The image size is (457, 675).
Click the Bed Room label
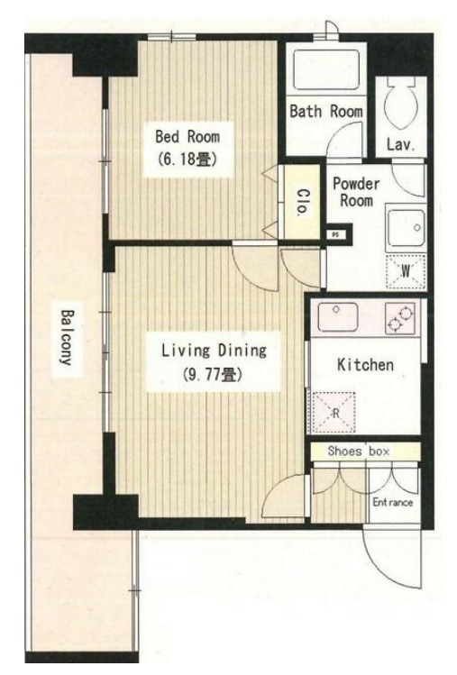tap(187, 137)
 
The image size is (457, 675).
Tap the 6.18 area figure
tap(187, 160)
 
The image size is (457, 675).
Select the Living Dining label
tap(214, 351)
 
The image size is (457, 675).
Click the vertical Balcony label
tap(67, 337)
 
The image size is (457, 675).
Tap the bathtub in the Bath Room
tap(326, 69)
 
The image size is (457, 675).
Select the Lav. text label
tap(400, 144)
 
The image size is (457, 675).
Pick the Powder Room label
tap(356, 192)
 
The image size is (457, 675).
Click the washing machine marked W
tap(406, 271)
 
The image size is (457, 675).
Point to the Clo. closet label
tap(303, 202)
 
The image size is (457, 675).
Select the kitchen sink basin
tap(338, 317)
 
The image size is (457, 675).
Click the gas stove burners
tap(400, 318)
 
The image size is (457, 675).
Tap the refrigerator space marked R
tap(334, 413)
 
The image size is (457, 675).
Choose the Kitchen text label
tap(365, 365)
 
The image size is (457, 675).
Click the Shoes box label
tap(359, 452)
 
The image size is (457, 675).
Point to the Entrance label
tap(392, 502)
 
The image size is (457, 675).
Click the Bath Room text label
tap(326, 111)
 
